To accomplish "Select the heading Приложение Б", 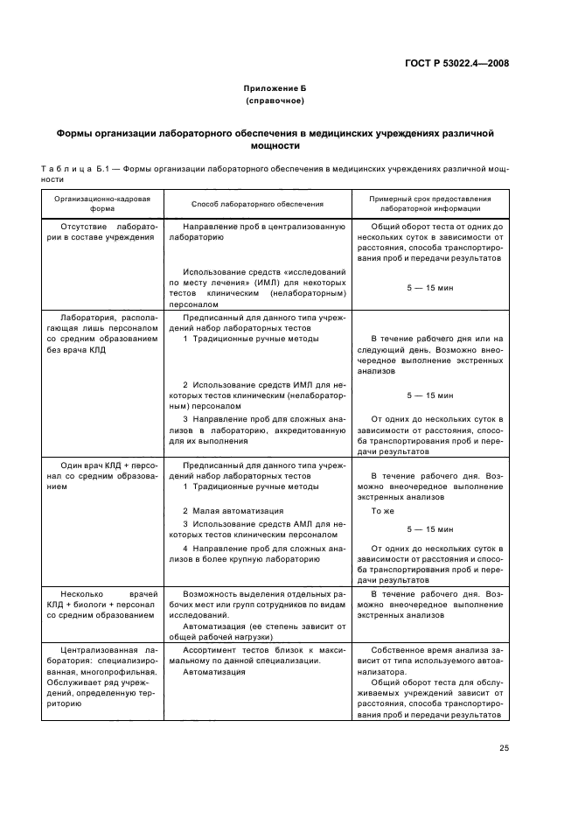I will click(x=275, y=89).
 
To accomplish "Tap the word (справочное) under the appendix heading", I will click(x=275, y=101).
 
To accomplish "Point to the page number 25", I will click(x=504, y=746).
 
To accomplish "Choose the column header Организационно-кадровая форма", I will click(x=102, y=204).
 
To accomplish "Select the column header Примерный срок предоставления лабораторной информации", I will click(x=429, y=204).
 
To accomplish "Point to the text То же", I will click(x=383, y=510).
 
